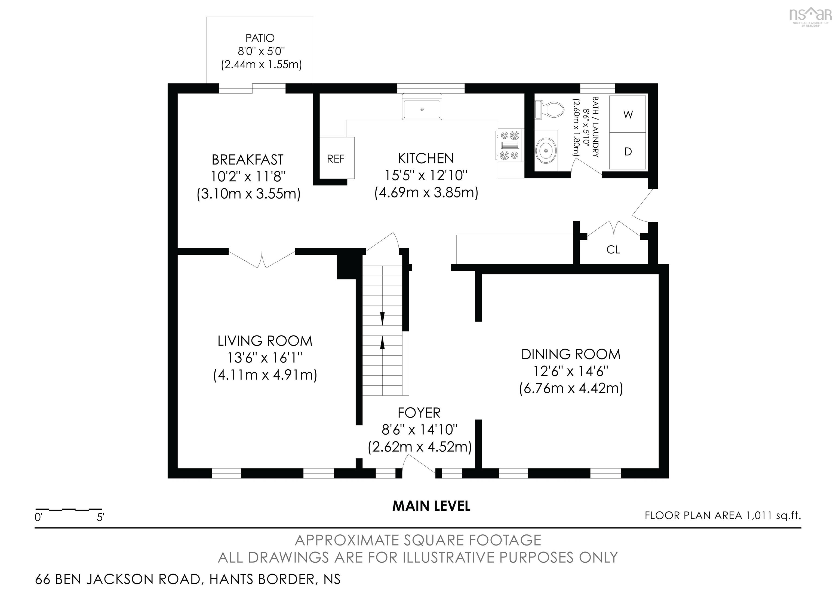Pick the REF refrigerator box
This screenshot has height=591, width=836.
tap(336, 159)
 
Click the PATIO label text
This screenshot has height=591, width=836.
tap(260, 38)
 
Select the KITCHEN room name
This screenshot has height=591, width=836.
tap(426, 159)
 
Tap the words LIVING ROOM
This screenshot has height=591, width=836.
tap(265, 341)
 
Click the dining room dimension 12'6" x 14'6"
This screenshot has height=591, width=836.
tap(571, 371)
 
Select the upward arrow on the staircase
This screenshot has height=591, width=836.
tap(382, 343)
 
